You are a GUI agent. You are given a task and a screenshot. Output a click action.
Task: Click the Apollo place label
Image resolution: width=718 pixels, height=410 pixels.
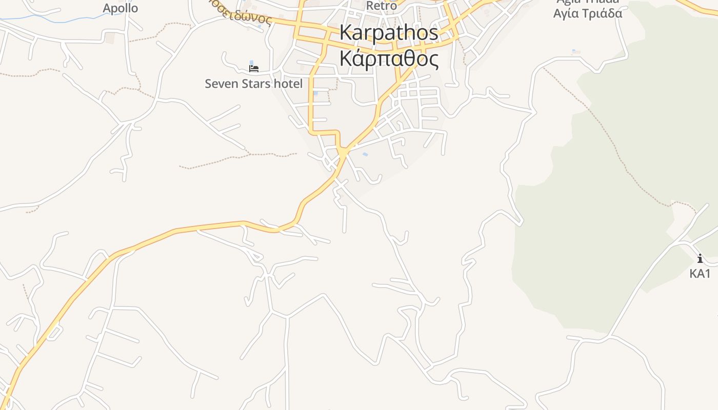point(120,8)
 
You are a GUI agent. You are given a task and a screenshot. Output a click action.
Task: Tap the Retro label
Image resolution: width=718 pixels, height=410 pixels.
point(381,6)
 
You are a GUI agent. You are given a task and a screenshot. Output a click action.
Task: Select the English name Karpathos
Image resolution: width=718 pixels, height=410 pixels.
point(389,33)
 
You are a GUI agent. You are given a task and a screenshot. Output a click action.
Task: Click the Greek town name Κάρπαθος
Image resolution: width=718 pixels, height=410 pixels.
point(389,59)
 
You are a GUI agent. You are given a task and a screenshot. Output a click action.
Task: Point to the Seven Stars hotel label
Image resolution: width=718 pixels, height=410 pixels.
point(253,84)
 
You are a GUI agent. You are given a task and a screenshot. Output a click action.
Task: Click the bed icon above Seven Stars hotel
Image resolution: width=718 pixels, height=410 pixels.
point(253,68)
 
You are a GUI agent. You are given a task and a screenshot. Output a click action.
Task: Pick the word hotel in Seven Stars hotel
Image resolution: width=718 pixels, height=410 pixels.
point(287,84)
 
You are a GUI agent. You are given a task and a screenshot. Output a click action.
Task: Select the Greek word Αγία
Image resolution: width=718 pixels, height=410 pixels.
point(565,13)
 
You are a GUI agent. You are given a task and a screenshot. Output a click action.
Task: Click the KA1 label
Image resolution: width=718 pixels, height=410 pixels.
point(700,274)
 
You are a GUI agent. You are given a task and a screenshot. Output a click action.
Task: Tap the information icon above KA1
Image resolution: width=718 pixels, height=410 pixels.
point(700,258)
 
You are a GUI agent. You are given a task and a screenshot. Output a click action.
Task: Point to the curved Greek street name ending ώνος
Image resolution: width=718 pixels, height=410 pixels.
point(248,17)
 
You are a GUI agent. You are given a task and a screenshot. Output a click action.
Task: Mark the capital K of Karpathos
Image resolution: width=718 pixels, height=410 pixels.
point(346,33)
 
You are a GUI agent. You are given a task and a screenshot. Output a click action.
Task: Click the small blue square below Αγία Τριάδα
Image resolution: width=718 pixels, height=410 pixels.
point(576,52)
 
